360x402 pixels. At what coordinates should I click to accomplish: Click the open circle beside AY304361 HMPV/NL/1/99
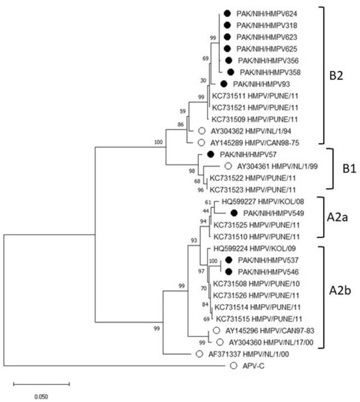point(228,166)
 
